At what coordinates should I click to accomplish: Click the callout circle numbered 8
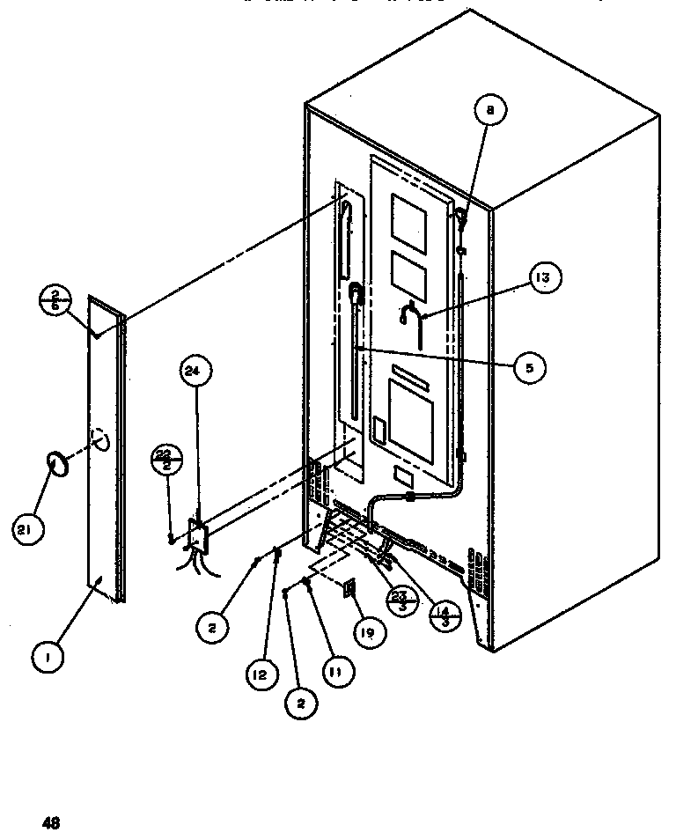click(x=490, y=111)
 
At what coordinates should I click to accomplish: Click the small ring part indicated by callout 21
click(x=55, y=463)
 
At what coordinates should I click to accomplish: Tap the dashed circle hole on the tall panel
click(x=99, y=439)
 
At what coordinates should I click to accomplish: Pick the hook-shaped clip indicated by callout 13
click(x=411, y=314)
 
